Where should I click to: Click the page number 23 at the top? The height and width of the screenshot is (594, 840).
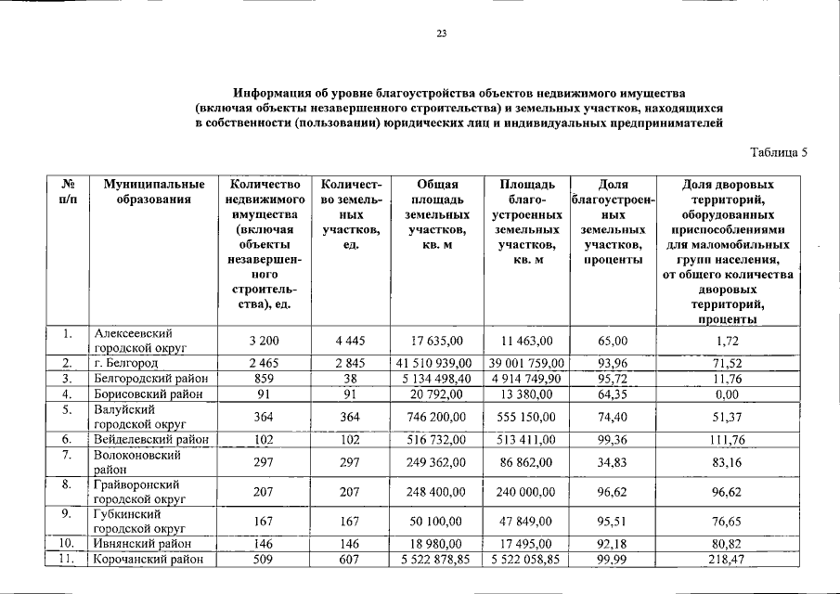point(442,34)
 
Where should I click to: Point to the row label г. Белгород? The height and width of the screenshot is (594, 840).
point(126,363)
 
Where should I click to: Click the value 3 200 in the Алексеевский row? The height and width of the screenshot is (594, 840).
point(264,341)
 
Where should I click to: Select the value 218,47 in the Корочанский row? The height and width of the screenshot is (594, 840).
point(729,560)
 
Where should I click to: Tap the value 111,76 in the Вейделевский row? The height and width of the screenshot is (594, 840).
point(729,439)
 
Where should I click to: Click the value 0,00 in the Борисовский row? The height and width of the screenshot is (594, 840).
point(729,393)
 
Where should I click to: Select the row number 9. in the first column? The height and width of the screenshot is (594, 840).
point(67,514)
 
